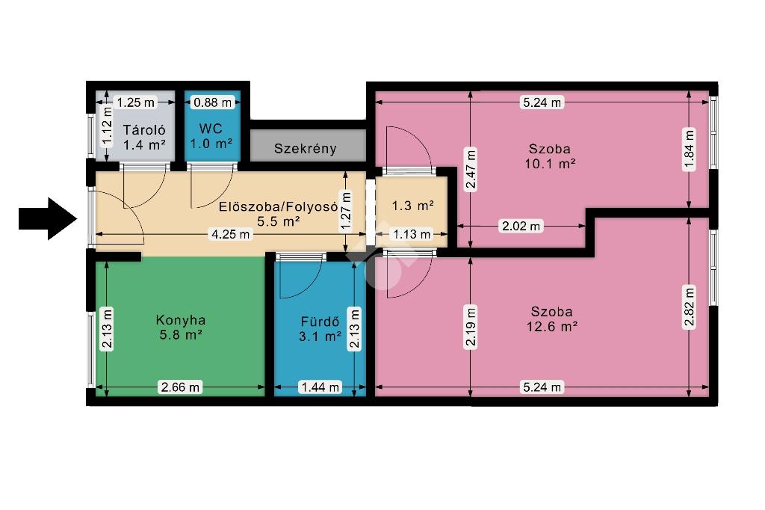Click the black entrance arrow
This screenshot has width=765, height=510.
tap(48, 218)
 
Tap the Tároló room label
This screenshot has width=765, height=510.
tap(144, 130)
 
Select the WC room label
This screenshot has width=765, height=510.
tap(211, 129)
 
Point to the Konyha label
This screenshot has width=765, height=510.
tap(181, 320)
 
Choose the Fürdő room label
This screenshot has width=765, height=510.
tap(320, 322)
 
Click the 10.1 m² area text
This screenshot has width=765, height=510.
tap(550, 164)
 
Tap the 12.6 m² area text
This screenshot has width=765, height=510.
tap(552, 326)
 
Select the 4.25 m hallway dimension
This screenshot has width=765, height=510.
tap(230, 234)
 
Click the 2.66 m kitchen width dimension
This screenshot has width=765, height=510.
tap(181, 387)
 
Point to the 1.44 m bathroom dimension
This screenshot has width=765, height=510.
tap(320, 387)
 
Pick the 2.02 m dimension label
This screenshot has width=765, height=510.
tap(521, 226)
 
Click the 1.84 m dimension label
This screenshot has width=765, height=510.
tap(688, 149)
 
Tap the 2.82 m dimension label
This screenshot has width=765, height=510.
tap(688, 308)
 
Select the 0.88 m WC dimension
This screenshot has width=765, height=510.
tap(212, 102)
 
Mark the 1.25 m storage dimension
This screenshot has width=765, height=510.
tap(136, 102)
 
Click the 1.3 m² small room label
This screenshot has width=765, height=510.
tap(412, 206)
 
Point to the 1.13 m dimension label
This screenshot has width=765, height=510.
tap(412, 235)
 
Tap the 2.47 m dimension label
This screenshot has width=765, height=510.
tap(471, 170)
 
